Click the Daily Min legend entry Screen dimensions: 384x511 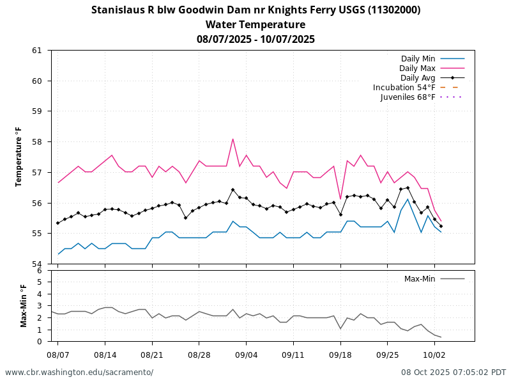(418, 59)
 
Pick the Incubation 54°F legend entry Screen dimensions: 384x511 (404, 88)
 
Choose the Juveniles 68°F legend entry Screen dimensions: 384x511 (408, 97)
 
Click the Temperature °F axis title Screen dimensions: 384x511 (19, 157)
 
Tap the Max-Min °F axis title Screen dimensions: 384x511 (24, 306)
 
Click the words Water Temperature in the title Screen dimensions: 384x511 (256, 25)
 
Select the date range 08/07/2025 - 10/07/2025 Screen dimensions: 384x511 (256, 39)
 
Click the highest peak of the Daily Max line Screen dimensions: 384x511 (233, 139)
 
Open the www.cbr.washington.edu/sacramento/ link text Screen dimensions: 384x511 (79, 372)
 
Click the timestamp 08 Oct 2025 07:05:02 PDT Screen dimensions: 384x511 (454, 372)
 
